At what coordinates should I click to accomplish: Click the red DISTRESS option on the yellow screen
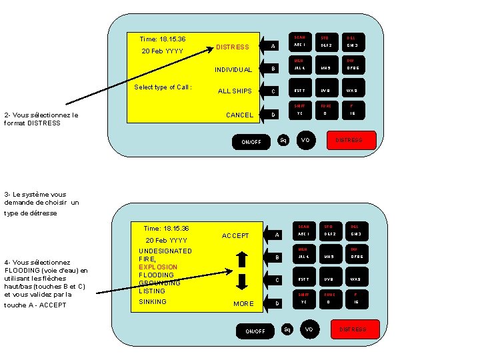[x=233, y=47]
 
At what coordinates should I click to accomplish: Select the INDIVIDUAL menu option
[x=233, y=69]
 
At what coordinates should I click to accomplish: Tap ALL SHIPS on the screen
[x=235, y=91]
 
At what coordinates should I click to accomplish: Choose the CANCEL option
[x=239, y=115]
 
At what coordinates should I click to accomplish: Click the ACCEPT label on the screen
[x=235, y=236]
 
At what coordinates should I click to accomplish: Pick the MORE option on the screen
[x=243, y=304]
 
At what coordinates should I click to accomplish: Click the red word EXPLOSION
[x=158, y=267]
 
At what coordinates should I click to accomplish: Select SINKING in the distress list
[x=153, y=302]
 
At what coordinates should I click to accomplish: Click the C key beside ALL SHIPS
[x=273, y=91]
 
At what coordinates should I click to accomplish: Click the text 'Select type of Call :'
[x=163, y=87]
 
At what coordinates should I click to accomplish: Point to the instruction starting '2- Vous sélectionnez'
[x=41, y=119]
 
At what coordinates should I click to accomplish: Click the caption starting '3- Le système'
[x=40, y=203]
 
